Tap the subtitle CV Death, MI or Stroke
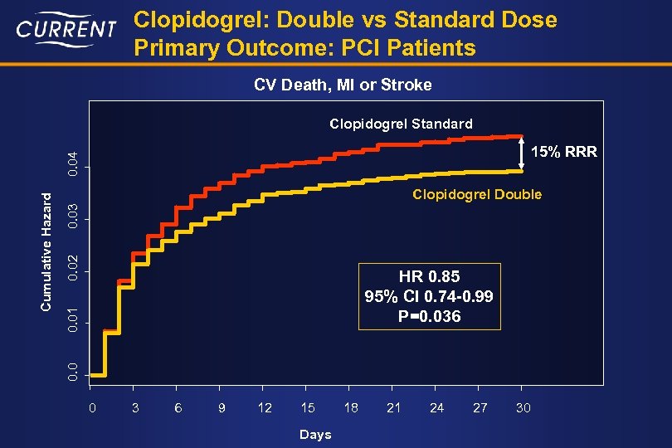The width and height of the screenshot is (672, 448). [342, 85]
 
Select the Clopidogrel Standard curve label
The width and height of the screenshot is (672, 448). [401, 124]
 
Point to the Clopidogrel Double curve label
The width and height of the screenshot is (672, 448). [477, 194]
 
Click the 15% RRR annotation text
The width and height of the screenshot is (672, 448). [563, 153]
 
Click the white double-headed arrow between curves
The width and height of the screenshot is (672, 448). [522, 153]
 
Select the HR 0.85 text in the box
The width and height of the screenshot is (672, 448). [429, 276]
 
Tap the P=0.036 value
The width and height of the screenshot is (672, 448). [429, 316]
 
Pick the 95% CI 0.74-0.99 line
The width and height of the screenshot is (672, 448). [429, 296]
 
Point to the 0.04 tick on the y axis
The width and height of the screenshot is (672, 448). [75, 163]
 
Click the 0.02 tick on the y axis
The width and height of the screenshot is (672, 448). [75, 267]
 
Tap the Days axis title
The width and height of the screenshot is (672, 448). [315, 434]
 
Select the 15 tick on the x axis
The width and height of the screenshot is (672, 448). [308, 407]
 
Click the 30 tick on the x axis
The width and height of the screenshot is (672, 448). [523, 407]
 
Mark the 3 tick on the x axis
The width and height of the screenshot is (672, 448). [135, 407]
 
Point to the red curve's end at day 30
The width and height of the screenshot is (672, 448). [521, 136]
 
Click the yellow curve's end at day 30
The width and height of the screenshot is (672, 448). [521, 171]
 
